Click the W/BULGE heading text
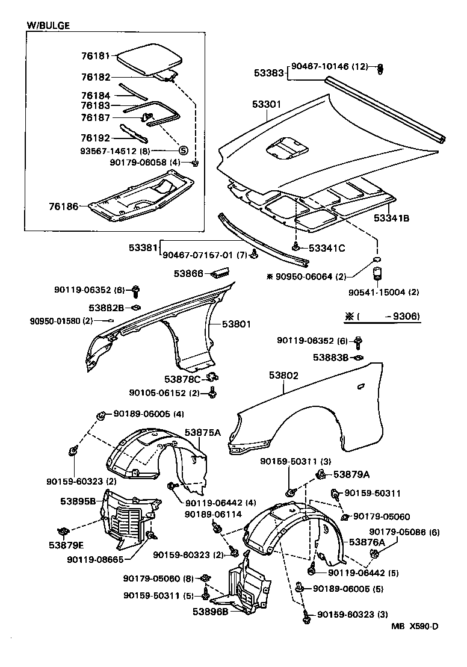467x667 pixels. click(x=48, y=25)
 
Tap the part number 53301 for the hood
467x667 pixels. click(x=267, y=105)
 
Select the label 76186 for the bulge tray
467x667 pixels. click(x=64, y=206)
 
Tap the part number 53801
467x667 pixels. click(x=237, y=324)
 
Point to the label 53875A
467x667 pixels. click(x=203, y=432)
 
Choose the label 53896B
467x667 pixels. click(x=211, y=612)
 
